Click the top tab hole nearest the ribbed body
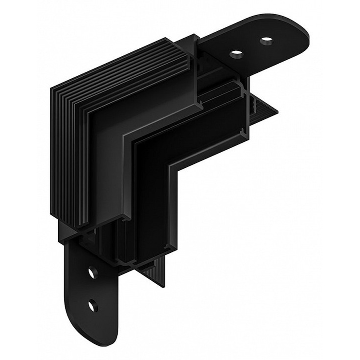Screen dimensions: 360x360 [236, 53]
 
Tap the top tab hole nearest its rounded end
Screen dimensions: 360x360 [267, 41]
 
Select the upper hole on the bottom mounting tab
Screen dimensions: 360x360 [92, 272]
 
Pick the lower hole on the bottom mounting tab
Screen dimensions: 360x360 [92, 306]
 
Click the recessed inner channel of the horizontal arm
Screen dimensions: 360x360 [205, 132]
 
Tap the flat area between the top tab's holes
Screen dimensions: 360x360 [251, 47]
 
